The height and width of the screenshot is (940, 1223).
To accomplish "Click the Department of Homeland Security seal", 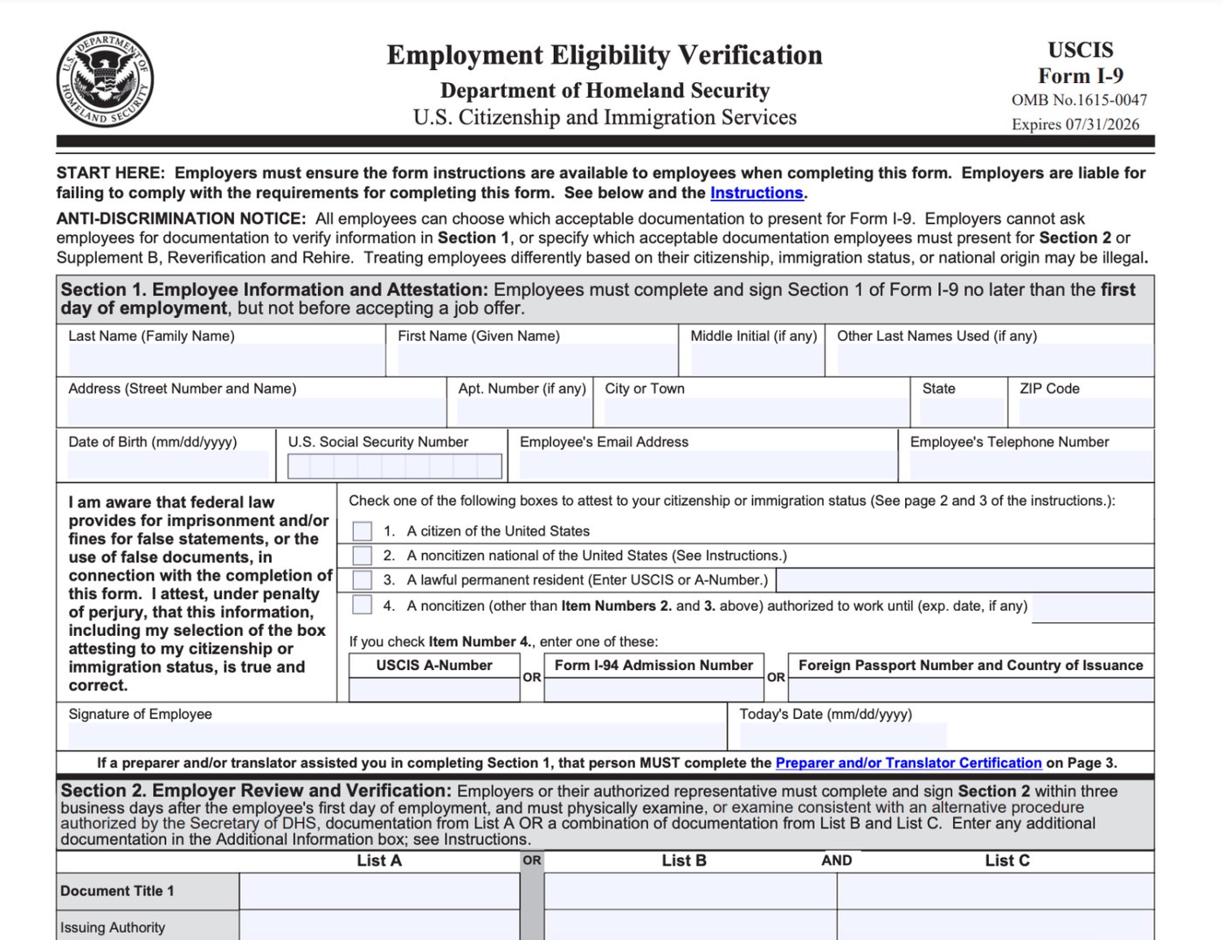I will tap(105, 79).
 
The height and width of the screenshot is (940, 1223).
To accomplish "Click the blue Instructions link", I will tap(756, 193).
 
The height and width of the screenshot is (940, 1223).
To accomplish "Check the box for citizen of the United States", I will tap(363, 531).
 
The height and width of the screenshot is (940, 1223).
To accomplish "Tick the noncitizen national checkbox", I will tap(363, 556).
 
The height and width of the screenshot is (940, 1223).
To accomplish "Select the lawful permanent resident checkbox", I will tap(363, 580).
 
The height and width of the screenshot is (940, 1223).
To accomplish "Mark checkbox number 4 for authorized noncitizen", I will tap(363, 605).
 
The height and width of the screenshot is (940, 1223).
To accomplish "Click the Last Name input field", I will tap(225, 360).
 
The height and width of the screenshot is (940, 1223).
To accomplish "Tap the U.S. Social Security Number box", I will tap(395, 467).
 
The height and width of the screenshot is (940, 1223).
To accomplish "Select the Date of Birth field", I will tap(169, 465).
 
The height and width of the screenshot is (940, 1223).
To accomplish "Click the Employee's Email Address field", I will tap(707, 465).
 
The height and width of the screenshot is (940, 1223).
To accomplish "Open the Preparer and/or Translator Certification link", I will tap(909, 763).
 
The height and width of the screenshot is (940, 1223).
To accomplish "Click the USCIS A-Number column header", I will tap(434, 666).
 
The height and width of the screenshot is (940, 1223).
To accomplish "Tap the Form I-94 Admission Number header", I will tap(653, 666).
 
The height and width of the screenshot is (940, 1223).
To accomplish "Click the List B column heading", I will tap(684, 861).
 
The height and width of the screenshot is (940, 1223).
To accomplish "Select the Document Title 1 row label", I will tap(117, 891).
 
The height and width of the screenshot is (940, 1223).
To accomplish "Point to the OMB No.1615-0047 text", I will tap(1079, 100).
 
